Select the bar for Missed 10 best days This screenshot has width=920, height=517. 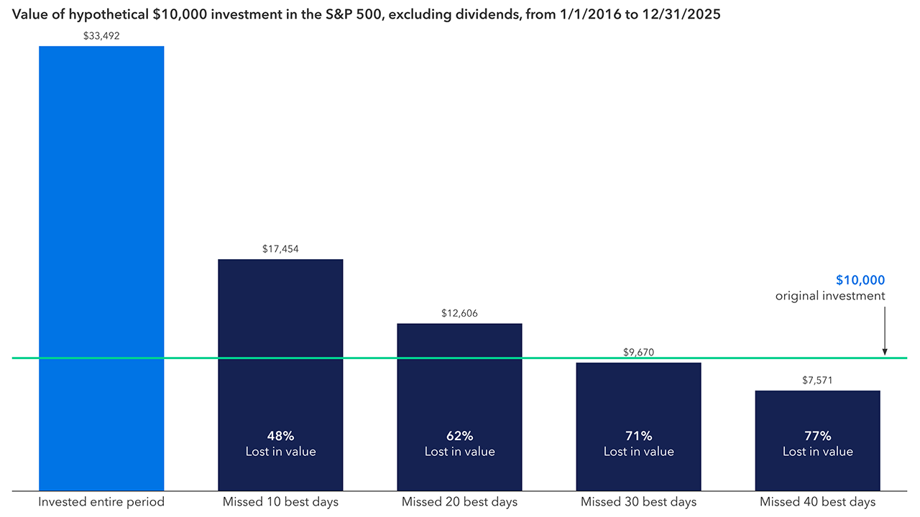pos(280,373)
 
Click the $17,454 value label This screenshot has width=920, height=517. pos(280,249)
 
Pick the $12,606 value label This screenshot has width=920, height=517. pos(459,314)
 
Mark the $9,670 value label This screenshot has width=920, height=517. pos(638,353)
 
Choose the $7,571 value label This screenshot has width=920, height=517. pos(817,381)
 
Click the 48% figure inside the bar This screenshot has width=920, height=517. pos(280,436)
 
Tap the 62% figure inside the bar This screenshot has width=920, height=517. pos(459,436)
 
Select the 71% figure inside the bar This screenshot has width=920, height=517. pos(638,436)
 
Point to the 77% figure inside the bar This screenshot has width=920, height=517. pos(817,436)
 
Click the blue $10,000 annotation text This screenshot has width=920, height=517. pos(860,281)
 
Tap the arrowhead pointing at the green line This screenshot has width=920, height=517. pos(885,352)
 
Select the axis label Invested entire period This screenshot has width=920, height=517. pos(101,502)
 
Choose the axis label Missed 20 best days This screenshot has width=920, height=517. pos(459,502)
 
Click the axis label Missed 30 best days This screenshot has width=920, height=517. pos(638,502)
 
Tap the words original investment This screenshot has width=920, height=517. pos(830,296)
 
